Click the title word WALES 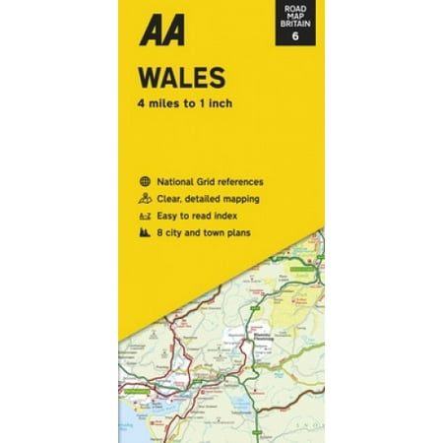[169, 78]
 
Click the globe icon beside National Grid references [145, 182]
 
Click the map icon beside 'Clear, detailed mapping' [145, 199]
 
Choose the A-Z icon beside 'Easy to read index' [145, 216]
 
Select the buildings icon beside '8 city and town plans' [145, 232]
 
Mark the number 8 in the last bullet [163, 232]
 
